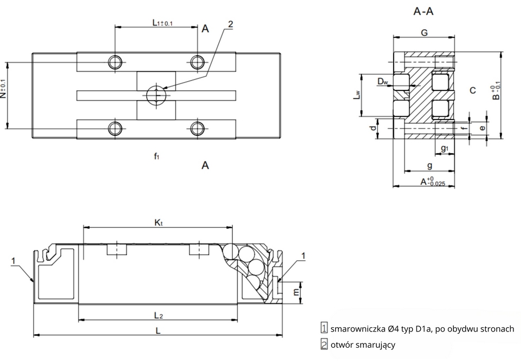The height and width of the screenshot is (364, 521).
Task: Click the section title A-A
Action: pos(423,11)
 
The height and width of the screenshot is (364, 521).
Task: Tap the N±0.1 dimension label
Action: pos(4,89)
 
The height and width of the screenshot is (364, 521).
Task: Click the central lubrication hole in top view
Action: pos(155,95)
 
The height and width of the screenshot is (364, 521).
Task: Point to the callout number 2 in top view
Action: pos(231,24)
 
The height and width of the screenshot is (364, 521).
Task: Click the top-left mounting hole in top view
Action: pos(115,62)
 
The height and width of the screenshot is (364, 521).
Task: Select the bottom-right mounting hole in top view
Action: pos(198,128)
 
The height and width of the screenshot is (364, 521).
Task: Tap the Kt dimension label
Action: pos(158,222)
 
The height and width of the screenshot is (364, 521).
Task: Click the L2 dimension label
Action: pos(158,314)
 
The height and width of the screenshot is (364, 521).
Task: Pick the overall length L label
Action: pos(158,330)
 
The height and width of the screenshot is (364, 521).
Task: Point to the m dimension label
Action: pos(295,292)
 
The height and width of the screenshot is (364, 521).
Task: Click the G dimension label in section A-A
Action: pos(424,32)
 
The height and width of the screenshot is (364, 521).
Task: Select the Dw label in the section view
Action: pos(383,82)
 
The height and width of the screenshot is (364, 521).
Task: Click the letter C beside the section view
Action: pos(472,90)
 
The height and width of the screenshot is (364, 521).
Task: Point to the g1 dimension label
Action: pos(444,148)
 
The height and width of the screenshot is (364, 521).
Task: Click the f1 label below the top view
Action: pos(156,157)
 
